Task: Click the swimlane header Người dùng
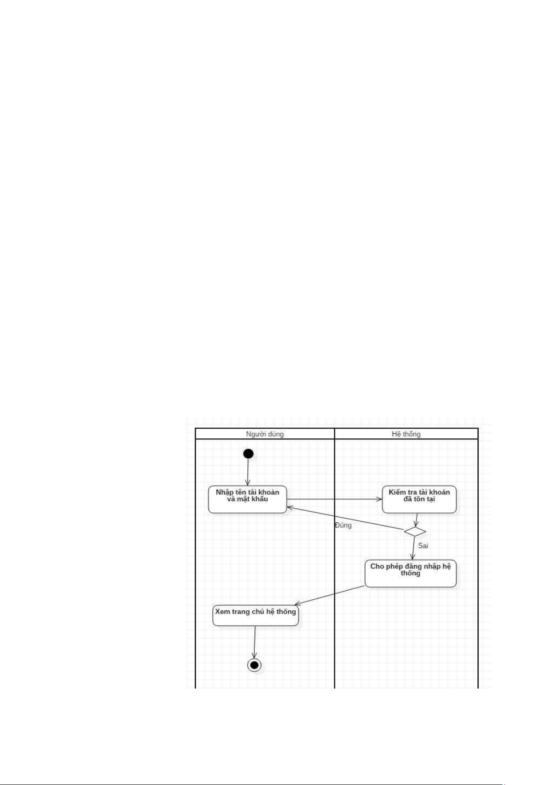tap(264, 434)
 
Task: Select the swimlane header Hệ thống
tap(406, 434)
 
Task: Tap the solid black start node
tap(248, 453)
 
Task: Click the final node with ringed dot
tap(254, 665)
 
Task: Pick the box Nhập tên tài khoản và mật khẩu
tap(247, 499)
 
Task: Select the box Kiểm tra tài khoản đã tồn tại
tap(419, 499)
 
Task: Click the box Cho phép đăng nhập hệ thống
tap(410, 573)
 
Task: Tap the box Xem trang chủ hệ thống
tap(255, 615)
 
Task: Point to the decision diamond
tap(415, 532)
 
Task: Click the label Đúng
tap(343, 525)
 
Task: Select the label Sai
tap(423, 546)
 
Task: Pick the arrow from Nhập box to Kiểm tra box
tap(334, 499)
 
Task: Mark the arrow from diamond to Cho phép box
tap(413, 548)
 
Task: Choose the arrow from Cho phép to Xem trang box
tap(329, 595)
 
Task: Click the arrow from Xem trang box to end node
tap(255, 642)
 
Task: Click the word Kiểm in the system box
tap(396, 492)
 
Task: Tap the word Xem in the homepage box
tap(222, 611)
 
